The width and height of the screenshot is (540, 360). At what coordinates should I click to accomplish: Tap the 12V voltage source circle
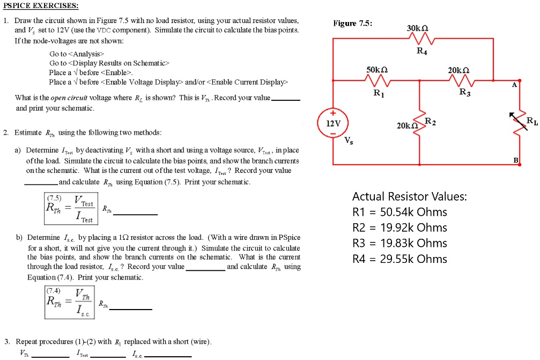(333, 123)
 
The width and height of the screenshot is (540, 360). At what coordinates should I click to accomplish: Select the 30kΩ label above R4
(419, 28)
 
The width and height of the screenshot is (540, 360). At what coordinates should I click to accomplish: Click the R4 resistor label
(423, 52)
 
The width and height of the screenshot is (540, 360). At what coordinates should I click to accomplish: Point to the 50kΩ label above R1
(378, 70)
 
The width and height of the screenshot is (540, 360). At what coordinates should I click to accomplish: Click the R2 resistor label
(430, 122)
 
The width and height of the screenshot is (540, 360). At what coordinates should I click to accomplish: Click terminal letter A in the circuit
(514, 85)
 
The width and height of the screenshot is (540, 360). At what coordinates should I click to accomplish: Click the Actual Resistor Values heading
(409, 196)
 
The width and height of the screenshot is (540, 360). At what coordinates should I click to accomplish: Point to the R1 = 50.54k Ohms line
(400, 212)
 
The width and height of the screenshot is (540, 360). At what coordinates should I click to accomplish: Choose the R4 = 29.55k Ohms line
(400, 259)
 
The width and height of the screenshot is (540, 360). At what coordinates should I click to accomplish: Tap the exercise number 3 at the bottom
(6, 341)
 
